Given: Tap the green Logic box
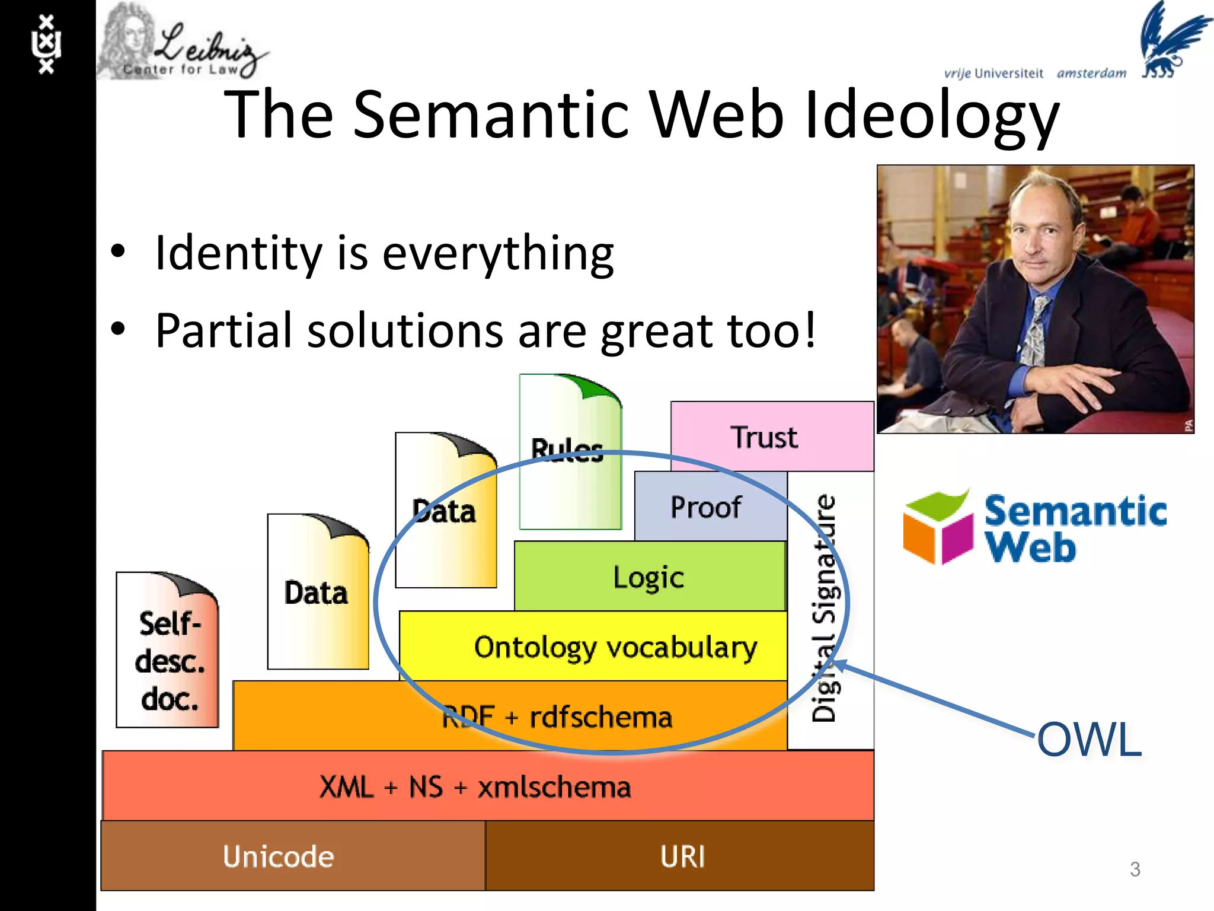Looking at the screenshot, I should (648, 576).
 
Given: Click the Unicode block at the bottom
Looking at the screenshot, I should (279, 856).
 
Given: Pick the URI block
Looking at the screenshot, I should (682, 856).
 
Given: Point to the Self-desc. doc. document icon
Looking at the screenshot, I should (168, 652).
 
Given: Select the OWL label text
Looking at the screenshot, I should (1090, 739).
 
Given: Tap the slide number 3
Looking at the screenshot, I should (1135, 869).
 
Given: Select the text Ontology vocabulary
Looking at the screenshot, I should (615, 646).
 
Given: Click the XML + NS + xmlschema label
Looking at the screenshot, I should (474, 786).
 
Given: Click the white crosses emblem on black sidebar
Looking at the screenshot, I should (46, 44).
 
